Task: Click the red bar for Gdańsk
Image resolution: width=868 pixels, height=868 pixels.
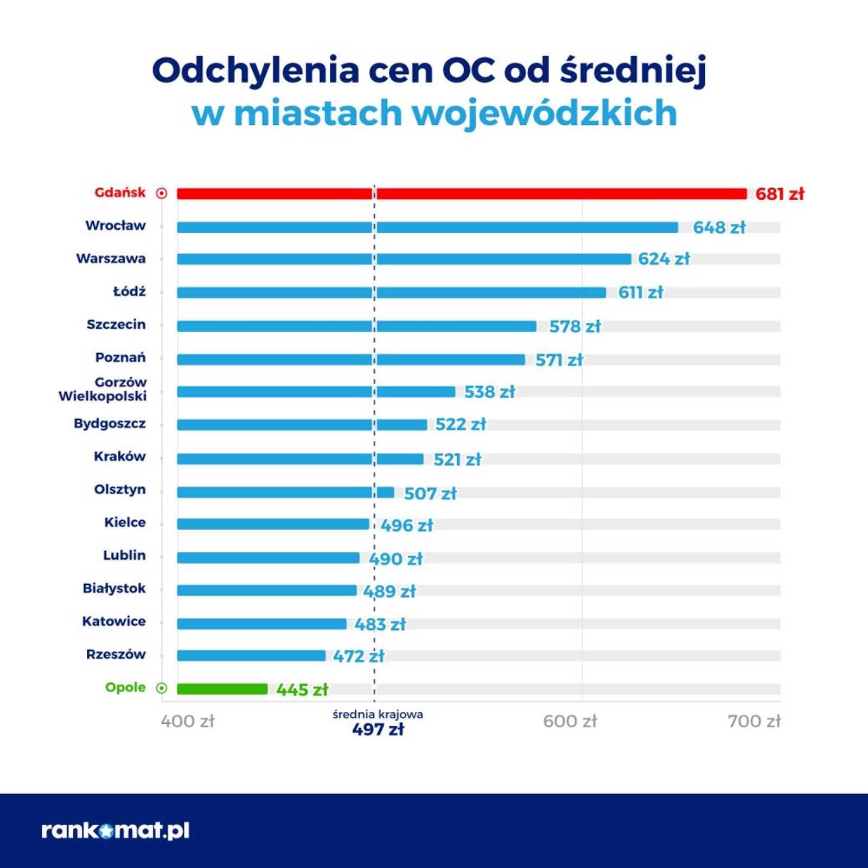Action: tap(461, 194)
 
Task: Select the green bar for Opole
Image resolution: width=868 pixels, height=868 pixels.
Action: tap(222, 689)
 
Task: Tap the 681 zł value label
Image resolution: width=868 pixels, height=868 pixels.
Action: tap(779, 194)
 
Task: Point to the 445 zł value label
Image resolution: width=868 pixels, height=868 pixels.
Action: tap(302, 690)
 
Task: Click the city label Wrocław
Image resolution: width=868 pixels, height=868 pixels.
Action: tap(116, 226)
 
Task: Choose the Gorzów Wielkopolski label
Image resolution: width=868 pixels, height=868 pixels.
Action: tap(103, 389)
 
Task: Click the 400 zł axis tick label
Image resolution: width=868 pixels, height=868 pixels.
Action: tap(188, 721)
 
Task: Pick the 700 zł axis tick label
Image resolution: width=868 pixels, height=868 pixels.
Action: tap(754, 721)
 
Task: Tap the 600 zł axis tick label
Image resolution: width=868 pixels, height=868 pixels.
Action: tap(570, 721)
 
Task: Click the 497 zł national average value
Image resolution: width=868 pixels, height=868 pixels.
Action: tap(378, 730)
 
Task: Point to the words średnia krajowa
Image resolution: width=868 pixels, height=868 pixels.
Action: tap(378, 714)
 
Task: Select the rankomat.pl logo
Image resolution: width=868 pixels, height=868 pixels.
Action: tap(116, 831)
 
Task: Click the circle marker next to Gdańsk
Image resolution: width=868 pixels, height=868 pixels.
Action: tap(162, 193)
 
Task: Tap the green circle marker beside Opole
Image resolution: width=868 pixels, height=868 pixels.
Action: tap(162, 688)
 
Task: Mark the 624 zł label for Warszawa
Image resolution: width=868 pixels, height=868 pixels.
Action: tap(663, 259)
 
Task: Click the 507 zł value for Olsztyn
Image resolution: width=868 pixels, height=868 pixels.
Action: tap(430, 493)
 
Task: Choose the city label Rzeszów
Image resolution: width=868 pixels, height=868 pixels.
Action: tap(116, 654)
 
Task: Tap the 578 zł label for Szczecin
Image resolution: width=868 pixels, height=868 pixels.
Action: tap(575, 326)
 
